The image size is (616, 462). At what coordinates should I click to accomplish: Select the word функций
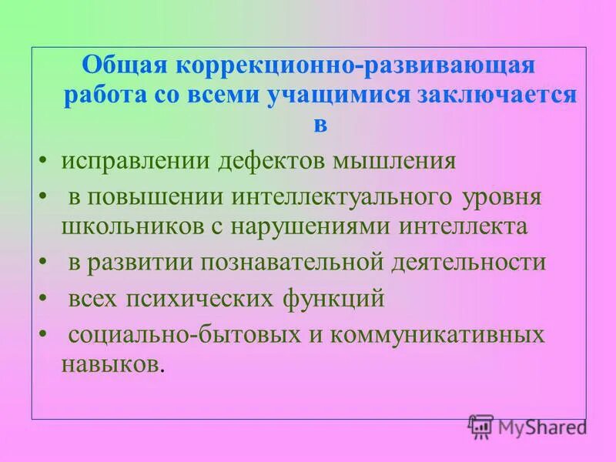tap(338, 298)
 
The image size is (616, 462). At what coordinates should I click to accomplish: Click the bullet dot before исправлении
tap(42, 162)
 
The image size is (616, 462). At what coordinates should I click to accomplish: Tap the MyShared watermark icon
tap(480, 425)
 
